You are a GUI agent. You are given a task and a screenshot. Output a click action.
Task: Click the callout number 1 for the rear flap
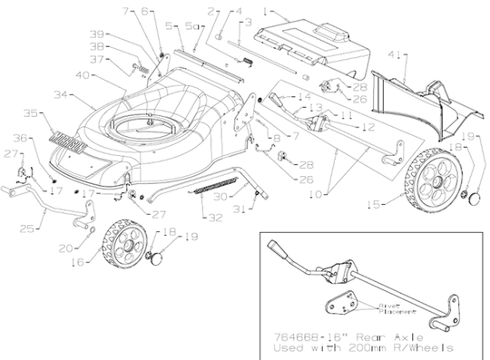coord(267,9)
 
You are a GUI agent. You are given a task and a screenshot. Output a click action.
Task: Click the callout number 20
coord(63,248)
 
